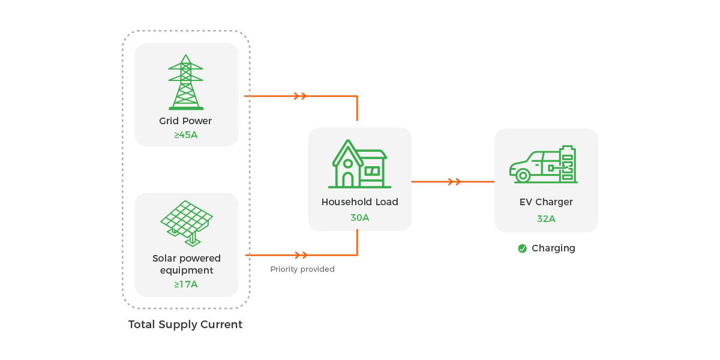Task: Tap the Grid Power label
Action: coord(185,121)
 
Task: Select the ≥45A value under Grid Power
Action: coord(186,135)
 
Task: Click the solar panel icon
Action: coord(187,223)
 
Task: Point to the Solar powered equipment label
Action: coord(187,265)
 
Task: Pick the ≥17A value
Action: coord(186,284)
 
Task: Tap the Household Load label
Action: coord(360,202)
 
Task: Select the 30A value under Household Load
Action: coord(360,218)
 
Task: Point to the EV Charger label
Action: coord(546,202)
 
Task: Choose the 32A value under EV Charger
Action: coord(546,219)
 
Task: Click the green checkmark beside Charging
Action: coord(523,248)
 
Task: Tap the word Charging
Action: coord(553,248)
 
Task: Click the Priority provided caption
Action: coord(302,269)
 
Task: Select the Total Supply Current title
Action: coord(185,325)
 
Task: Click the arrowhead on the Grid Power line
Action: coord(301,96)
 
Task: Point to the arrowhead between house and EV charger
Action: coord(455,182)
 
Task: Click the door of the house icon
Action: coord(347,179)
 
